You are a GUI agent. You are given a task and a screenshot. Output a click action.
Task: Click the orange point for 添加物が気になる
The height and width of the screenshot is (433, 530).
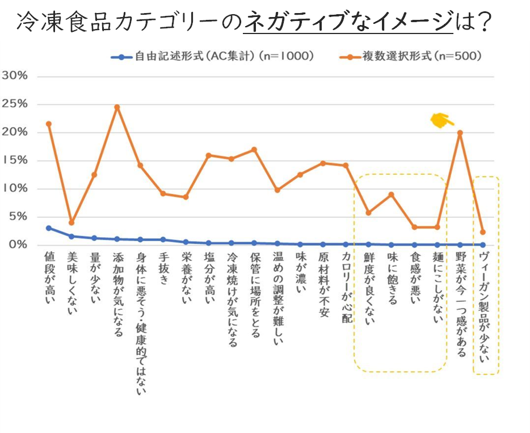117,107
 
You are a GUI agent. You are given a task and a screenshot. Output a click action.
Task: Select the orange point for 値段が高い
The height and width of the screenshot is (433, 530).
49,124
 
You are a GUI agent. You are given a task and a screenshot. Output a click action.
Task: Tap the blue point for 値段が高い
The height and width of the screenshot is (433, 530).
49,228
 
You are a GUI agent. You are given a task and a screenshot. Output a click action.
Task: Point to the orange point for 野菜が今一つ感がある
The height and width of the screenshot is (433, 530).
460,133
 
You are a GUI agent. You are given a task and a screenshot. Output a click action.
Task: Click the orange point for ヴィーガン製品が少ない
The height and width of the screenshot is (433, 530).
482,232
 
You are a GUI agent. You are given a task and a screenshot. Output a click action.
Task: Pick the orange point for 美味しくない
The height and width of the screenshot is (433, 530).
71,222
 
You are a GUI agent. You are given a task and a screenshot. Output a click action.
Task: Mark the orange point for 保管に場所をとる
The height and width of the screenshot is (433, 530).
254,150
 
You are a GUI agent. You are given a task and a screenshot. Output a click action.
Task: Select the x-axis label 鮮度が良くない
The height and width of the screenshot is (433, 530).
369,289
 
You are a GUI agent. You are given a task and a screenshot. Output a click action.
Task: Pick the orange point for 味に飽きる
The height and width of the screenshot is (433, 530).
391,195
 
